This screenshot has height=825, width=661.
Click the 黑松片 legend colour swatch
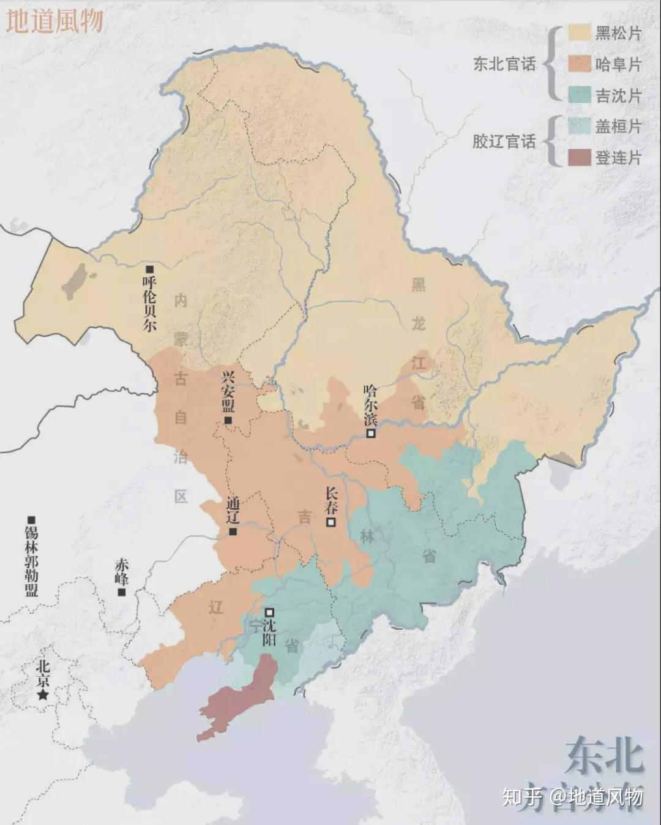click(579, 32)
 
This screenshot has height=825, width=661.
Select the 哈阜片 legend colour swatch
click(579, 64)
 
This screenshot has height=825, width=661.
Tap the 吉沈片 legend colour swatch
click(579, 95)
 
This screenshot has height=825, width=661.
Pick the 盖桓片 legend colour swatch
click(579, 126)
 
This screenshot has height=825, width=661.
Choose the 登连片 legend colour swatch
click(579, 157)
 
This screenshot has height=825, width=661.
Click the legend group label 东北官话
click(504, 64)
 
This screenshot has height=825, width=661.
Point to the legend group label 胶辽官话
click(504, 141)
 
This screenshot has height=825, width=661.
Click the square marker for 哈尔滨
click(371, 433)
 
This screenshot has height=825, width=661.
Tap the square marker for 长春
click(331, 522)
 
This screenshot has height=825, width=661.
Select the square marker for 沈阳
click(269, 612)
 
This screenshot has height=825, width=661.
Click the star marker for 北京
click(43, 695)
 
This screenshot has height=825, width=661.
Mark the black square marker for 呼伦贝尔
click(149, 269)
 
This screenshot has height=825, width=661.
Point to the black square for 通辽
click(233, 531)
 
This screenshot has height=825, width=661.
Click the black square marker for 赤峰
click(122, 592)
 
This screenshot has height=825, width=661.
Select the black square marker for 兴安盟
click(228, 420)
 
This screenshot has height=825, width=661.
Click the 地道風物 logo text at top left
click(54, 21)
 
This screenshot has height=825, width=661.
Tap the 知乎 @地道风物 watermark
click(572, 796)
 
